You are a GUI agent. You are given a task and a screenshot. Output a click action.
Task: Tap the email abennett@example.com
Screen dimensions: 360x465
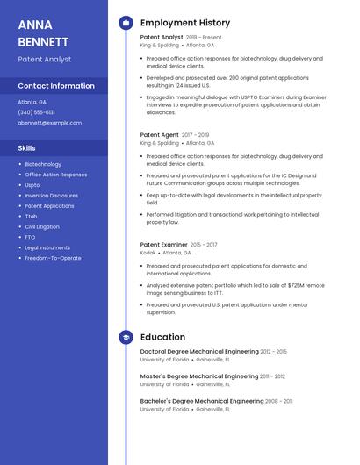tap(49, 123)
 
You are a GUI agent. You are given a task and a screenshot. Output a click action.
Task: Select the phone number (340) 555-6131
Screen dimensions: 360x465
tap(36, 112)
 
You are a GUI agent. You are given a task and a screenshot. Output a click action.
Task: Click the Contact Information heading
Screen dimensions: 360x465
tap(56, 86)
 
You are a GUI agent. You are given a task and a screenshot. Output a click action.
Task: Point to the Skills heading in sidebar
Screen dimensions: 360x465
tap(26, 148)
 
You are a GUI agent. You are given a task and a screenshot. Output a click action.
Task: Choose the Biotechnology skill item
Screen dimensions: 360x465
tap(43, 164)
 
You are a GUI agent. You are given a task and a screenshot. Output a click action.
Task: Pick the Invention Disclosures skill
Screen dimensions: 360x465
tap(51, 196)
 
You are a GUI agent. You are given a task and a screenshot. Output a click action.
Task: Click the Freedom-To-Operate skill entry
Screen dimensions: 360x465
tap(53, 258)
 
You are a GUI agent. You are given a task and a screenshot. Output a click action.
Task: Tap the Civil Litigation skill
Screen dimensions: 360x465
tap(42, 226)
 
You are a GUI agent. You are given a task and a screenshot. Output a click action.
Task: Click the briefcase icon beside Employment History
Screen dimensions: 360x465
tap(126, 23)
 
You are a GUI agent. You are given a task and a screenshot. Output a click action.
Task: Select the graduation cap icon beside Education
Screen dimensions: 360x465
tap(126, 337)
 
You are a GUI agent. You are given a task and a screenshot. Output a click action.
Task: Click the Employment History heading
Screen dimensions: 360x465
tap(185, 23)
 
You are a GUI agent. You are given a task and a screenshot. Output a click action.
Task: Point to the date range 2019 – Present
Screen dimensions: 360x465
tap(204, 38)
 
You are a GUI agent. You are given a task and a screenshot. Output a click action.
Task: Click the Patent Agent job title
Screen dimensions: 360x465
tap(159, 135)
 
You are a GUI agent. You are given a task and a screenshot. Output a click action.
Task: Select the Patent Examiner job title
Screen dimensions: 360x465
tap(163, 245)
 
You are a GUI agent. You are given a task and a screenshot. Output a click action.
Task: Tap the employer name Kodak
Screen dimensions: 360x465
tap(148, 253)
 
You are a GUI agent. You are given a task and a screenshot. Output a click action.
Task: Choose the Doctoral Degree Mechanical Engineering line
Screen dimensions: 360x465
tap(199, 351)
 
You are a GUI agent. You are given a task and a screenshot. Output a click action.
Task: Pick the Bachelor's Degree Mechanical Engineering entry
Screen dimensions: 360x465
tap(202, 401)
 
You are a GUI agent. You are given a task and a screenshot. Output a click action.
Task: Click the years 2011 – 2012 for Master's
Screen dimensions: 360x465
tap(272, 376)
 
